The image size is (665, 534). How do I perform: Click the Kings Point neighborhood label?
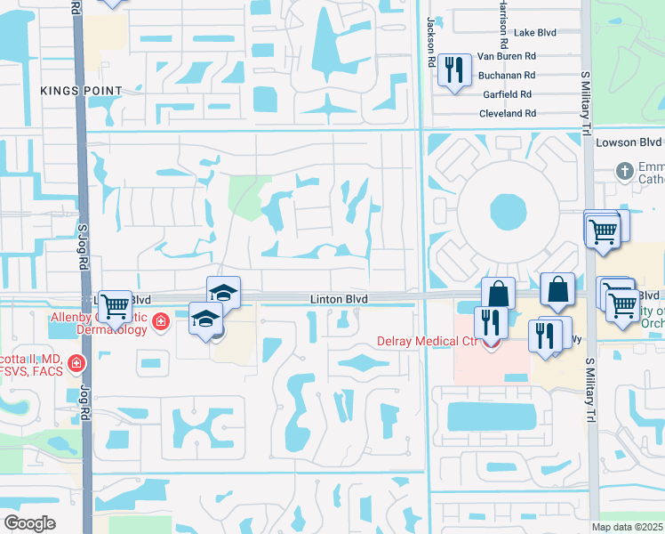[81, 91]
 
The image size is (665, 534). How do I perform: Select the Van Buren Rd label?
[507, 54]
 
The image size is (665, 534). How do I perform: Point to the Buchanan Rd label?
[506, 76]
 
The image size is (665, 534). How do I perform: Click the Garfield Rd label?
[508, 94]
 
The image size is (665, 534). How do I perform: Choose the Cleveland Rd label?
[507, 114]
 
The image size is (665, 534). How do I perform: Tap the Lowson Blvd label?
[638, 142]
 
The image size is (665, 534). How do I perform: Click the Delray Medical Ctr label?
[429, 341]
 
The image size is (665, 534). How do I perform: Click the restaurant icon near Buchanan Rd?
[454, 69]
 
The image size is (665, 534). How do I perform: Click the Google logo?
[29, 523]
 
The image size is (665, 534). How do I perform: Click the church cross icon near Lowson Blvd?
[625, 170]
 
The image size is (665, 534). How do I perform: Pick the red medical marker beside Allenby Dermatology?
[161, 321]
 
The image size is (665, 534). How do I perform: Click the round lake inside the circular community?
[508, 213]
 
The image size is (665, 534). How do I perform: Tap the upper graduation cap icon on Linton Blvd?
[224, 291]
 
